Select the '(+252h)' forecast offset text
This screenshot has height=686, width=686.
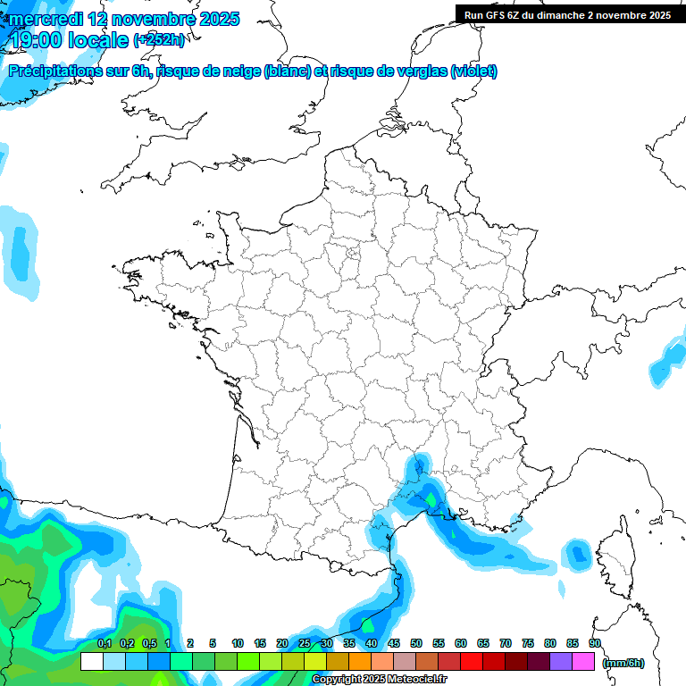(159, 40)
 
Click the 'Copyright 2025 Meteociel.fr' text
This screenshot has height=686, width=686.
(380, 679)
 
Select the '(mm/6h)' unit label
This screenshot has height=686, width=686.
(623, 662)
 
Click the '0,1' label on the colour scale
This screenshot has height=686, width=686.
(104, 643)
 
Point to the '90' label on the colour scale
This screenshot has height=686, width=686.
(594, 643)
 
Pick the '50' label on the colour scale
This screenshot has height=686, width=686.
(416, 643)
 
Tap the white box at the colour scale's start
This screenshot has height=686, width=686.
(91, 662)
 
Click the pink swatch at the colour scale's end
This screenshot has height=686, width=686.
(584, 662)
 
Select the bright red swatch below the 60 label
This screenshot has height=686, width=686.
(472, 662)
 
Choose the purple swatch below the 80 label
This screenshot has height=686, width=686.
(562, 662)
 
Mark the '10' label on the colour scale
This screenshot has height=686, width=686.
(238, 643)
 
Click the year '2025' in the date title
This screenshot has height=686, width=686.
(216, 19)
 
